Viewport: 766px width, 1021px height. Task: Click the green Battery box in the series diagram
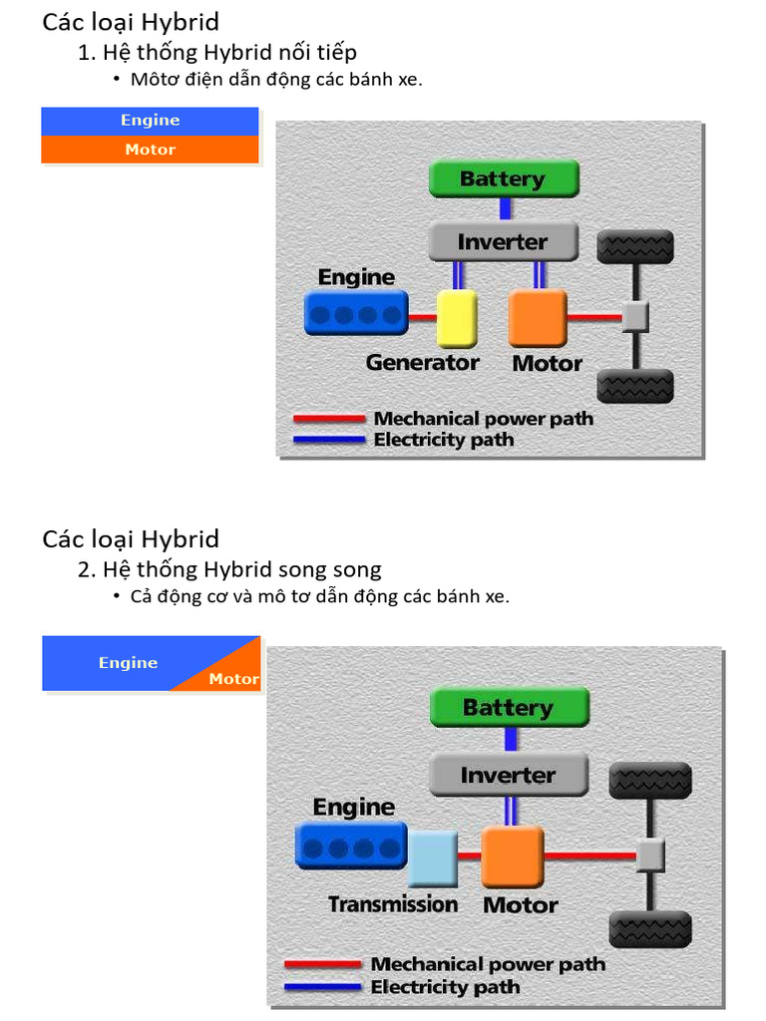[503, 179]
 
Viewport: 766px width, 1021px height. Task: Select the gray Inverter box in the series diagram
[503, 242]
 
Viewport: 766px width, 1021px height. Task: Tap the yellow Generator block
[457, 318]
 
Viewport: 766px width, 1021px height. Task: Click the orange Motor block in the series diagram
[538, 318]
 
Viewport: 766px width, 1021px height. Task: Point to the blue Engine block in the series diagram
[356, 314]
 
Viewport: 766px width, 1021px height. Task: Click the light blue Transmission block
[432, 858]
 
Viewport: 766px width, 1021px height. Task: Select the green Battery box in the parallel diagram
[509, 708]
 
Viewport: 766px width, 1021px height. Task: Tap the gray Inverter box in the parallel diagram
[509, 775]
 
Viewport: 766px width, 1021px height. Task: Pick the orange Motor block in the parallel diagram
[513, 856]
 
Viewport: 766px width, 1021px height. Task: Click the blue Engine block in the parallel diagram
[351, 847]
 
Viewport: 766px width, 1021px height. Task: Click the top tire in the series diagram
[635, 247]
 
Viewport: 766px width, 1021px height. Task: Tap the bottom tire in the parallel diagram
[649, 928]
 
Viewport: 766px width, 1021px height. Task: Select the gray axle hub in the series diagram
[635, 317]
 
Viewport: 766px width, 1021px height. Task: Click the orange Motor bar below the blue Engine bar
[150, 150]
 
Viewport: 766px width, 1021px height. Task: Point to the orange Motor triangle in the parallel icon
[232, 674]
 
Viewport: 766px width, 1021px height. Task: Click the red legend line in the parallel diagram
[322, 964]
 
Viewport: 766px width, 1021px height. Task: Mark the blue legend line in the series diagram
[329, 440]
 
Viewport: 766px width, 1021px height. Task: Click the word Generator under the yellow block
[422, 363]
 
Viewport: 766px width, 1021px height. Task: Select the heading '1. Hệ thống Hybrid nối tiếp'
[216, 52]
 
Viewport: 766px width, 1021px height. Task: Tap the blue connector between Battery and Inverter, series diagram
[506, 209]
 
